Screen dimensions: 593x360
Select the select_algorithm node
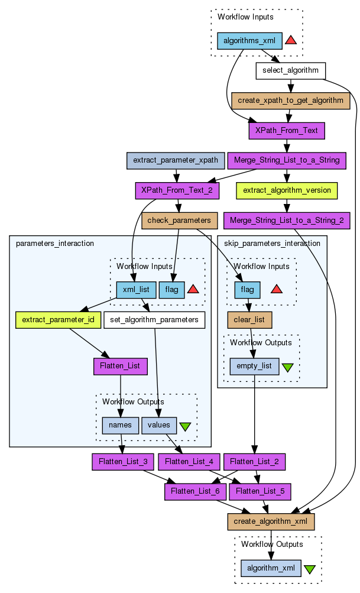click(x=290, y=71)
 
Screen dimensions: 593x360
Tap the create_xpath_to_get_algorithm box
click(x=290, y=101)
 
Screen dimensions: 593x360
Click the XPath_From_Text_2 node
click(x=177, y=190)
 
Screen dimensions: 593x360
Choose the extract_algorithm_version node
click(x=287, y=190)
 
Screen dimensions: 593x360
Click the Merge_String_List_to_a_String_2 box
click(x=287, y=221)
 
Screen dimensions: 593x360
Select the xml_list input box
click(x=136, y=290)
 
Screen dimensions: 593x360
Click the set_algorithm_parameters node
click(x=154, y=320)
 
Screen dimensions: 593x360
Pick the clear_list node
click(x=249, y=320)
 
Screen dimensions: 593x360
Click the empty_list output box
click(x=254, y=366)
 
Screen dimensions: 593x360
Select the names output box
click(x=121, y=425)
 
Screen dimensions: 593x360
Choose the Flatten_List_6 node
click(x=194, y=491)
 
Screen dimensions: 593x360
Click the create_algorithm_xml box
click(x=271, y=521)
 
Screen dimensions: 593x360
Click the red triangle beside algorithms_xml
click(x=290, y=40)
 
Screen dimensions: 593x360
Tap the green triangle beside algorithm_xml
click(x=310, y=569)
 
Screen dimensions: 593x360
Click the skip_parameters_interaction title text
click(x=273, y=243)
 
